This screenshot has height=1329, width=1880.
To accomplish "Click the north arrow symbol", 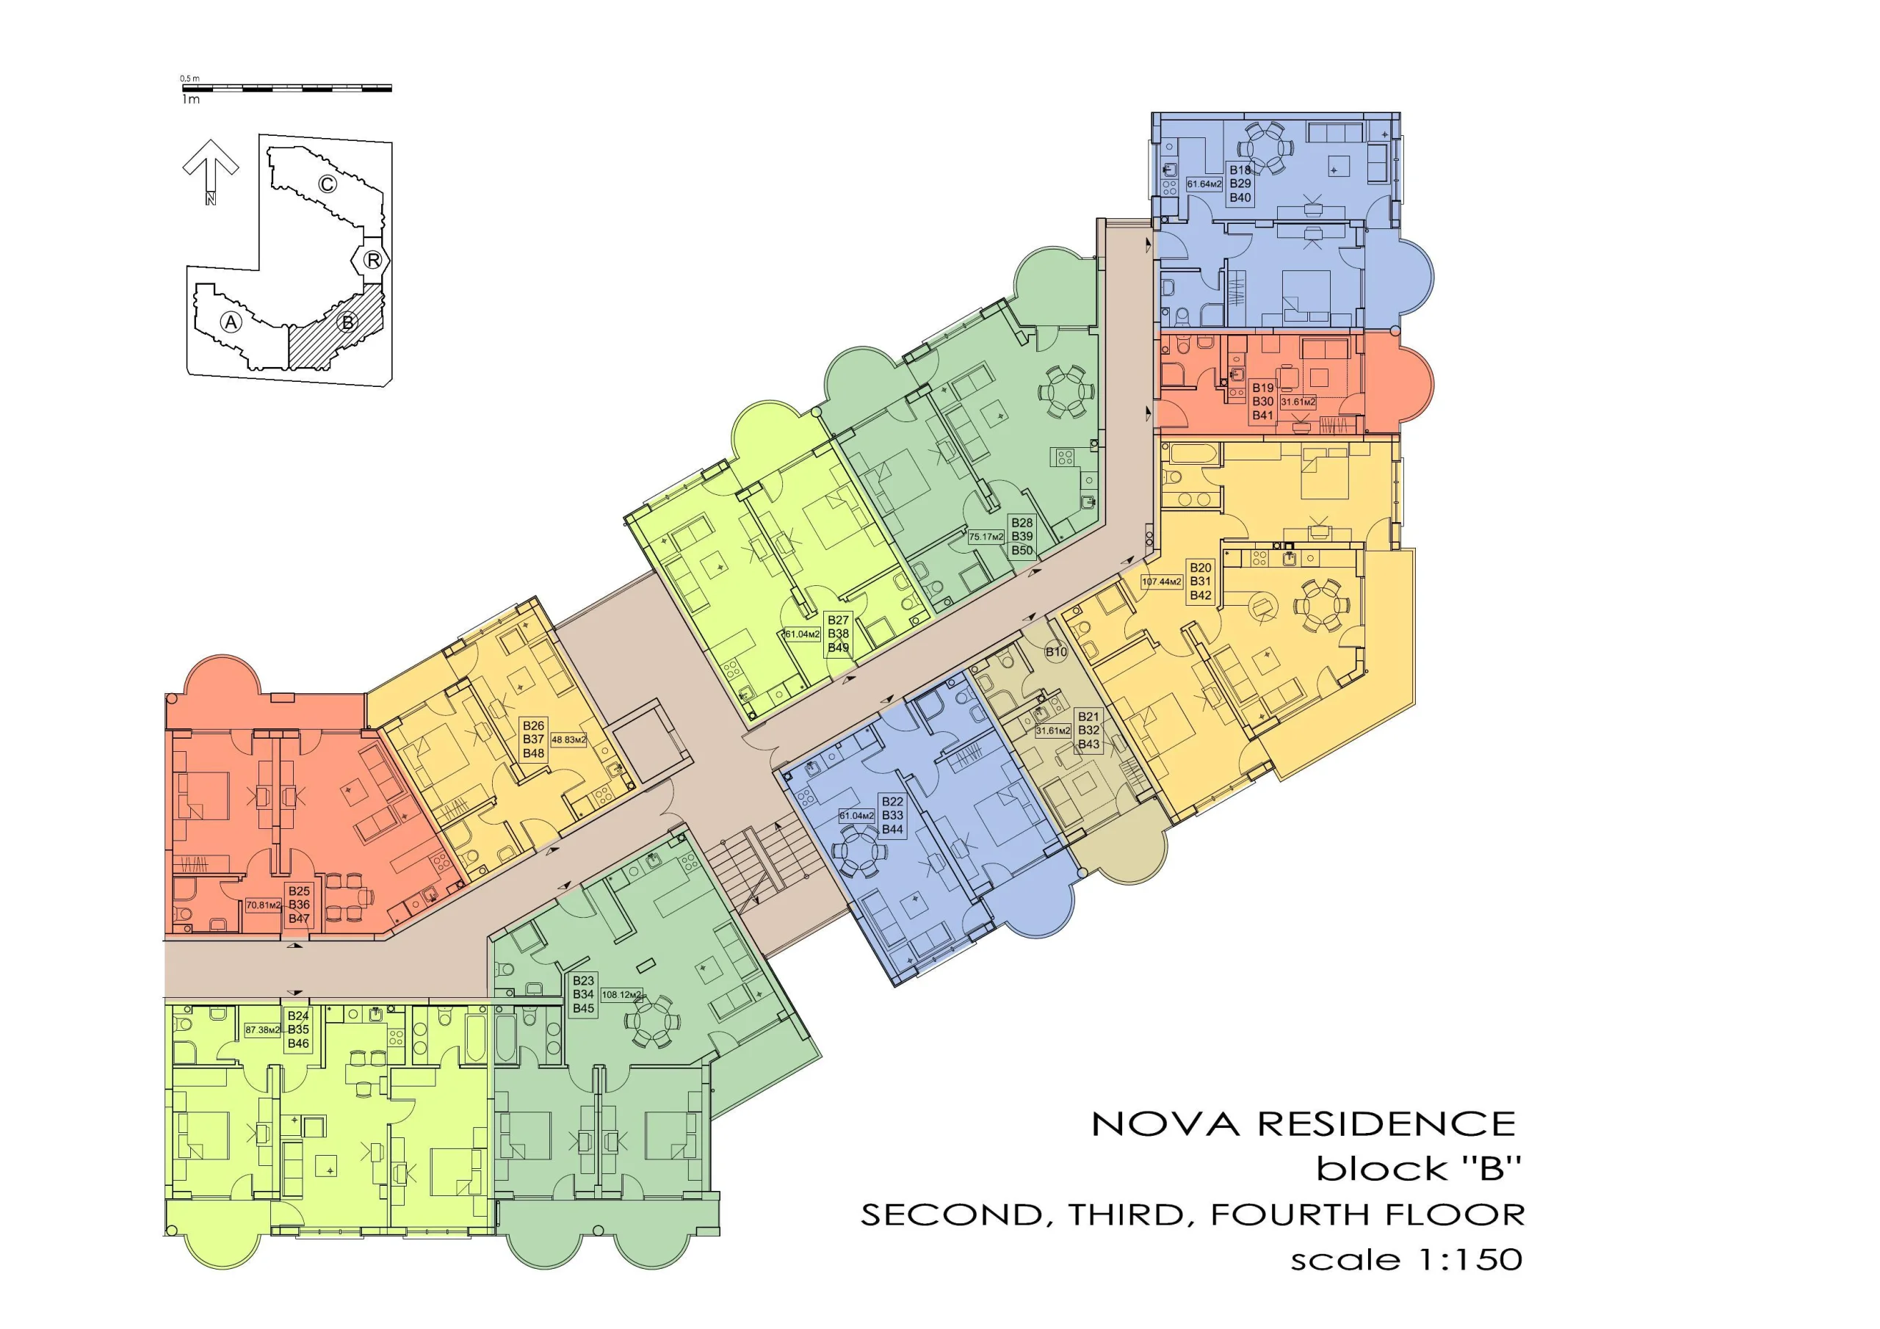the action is coord(211,170).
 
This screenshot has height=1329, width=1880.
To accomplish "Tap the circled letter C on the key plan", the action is coord(328,184).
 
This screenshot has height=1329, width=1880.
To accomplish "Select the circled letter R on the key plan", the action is coord(372,260).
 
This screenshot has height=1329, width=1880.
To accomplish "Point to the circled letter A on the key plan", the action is coord(232,322).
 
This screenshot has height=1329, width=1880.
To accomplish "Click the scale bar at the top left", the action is coord(286,87).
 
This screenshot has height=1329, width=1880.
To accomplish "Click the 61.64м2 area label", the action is coord(1204,184).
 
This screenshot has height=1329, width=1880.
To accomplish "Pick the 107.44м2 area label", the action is coord(1162,582).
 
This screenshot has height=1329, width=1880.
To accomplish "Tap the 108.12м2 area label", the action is coord(621,995).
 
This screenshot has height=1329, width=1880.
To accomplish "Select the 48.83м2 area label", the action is coord(568,739).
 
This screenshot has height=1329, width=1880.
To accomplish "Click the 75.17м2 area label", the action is coord(986,537).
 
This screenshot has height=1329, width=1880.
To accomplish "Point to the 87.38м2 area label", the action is coord(263,1030).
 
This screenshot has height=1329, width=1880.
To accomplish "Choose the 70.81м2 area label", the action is coord(264,905).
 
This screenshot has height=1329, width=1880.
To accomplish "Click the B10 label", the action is coord(1056,652).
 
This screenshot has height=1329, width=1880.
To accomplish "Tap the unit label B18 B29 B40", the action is coord(1240,184).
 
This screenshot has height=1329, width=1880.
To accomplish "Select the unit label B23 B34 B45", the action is coord(584,994).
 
